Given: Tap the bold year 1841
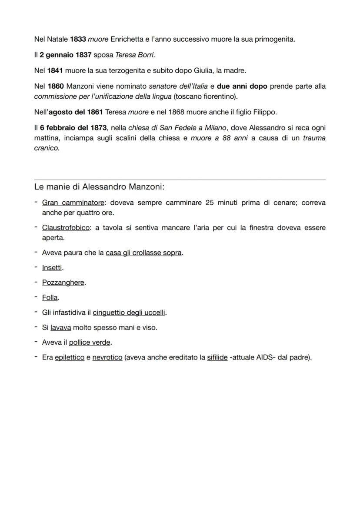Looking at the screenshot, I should click(55, 70).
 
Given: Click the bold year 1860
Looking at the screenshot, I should click(56, 86).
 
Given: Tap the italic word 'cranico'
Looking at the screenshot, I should click(46, 148).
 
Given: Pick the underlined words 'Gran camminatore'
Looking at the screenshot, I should click(73, 203).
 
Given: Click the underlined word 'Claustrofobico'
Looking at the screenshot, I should click(66, 228).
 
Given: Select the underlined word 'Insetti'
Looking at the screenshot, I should click(52, 268).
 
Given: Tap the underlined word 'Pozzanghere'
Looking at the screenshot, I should click(63, 283).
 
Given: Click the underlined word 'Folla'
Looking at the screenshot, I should click(50, 298).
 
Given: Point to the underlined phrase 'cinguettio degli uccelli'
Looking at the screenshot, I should click(129, 313).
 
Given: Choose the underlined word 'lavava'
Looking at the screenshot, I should click(60, 328).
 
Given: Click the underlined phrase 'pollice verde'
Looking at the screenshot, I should click(90, 343).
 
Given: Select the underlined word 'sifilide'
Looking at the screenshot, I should click(217, 358).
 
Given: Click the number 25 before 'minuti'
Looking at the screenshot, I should click(210, 203).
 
